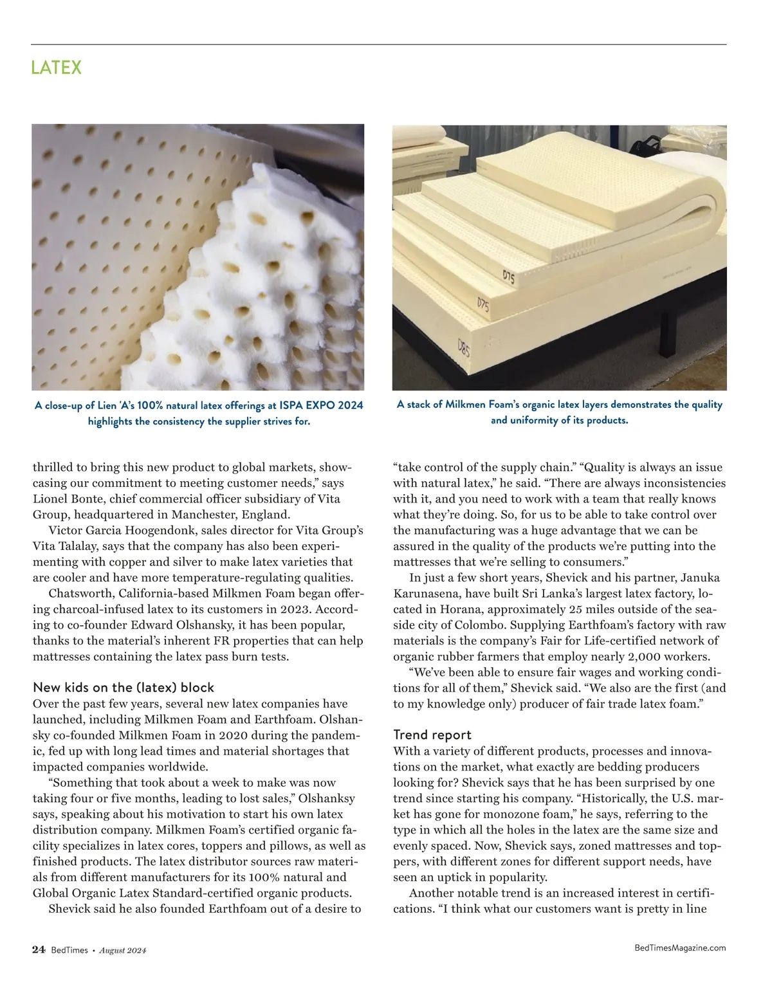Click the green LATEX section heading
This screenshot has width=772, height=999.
57,68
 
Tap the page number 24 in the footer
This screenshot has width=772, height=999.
39,950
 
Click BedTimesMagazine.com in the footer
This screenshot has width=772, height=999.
680,948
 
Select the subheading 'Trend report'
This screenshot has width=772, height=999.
432,735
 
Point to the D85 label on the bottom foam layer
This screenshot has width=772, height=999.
463,348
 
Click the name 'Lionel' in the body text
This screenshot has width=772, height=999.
52,499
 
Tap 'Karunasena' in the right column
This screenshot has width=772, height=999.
426,593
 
